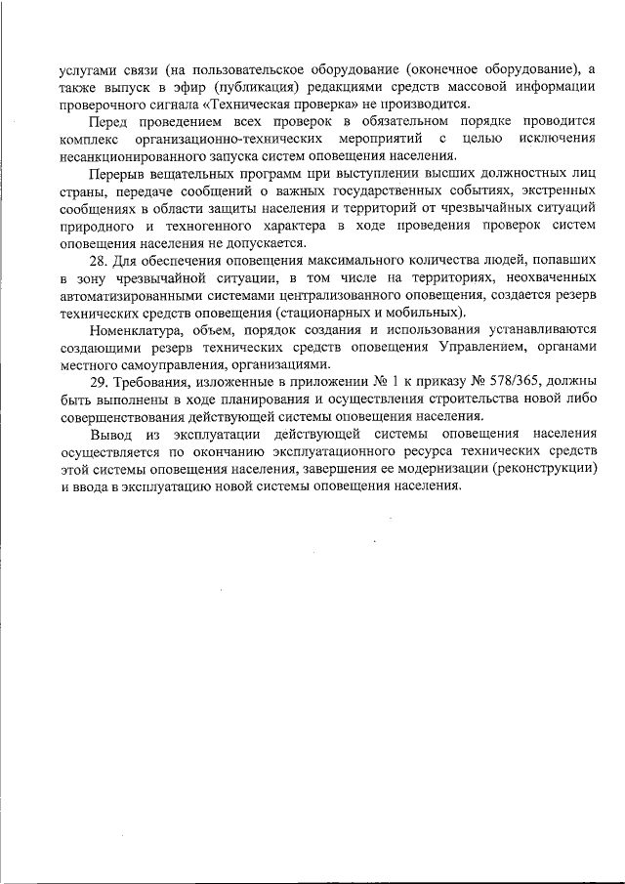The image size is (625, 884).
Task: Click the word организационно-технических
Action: coord(246,139)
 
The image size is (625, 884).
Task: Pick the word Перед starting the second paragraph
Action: coord(109,121)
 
